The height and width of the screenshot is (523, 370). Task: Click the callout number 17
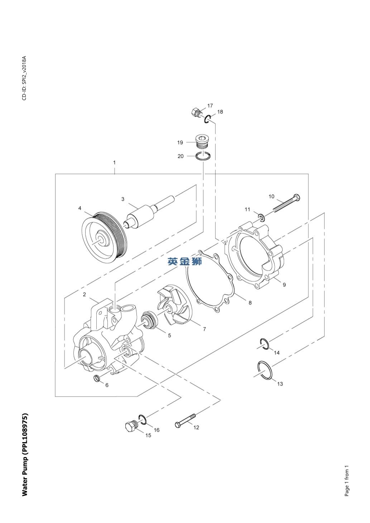[210, 106]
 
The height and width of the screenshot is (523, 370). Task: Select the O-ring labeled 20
[203, 156]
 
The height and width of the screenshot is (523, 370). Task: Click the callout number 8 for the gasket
[250, 302]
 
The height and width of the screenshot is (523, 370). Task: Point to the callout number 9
[284, 285]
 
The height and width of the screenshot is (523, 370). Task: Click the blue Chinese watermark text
[184, 261]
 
